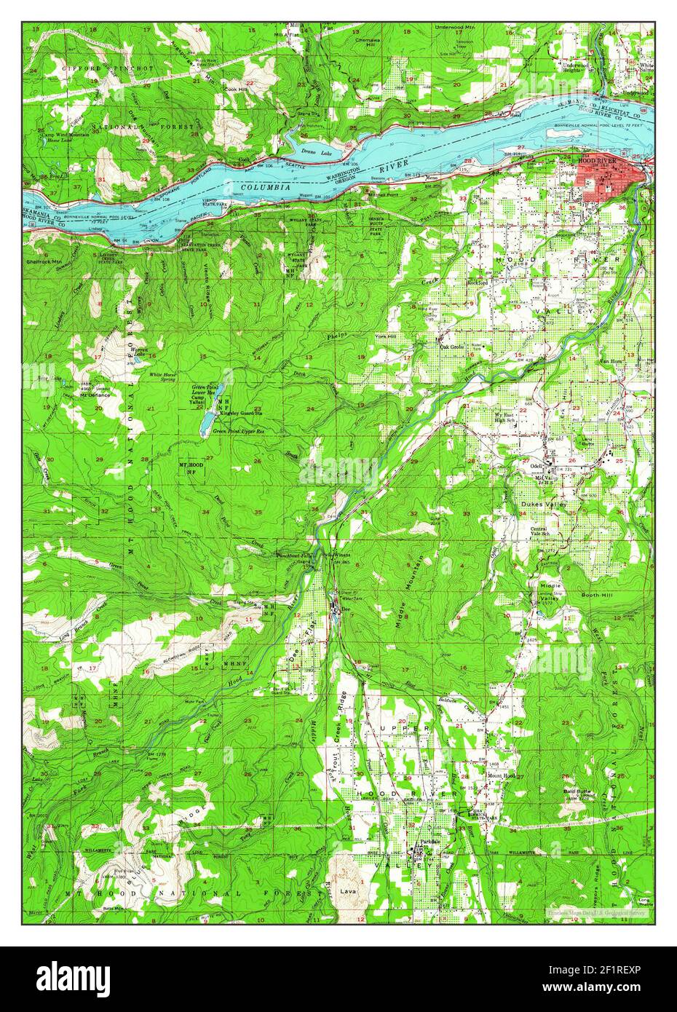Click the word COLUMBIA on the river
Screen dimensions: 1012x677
267,187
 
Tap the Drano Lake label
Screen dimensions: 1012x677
317,151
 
